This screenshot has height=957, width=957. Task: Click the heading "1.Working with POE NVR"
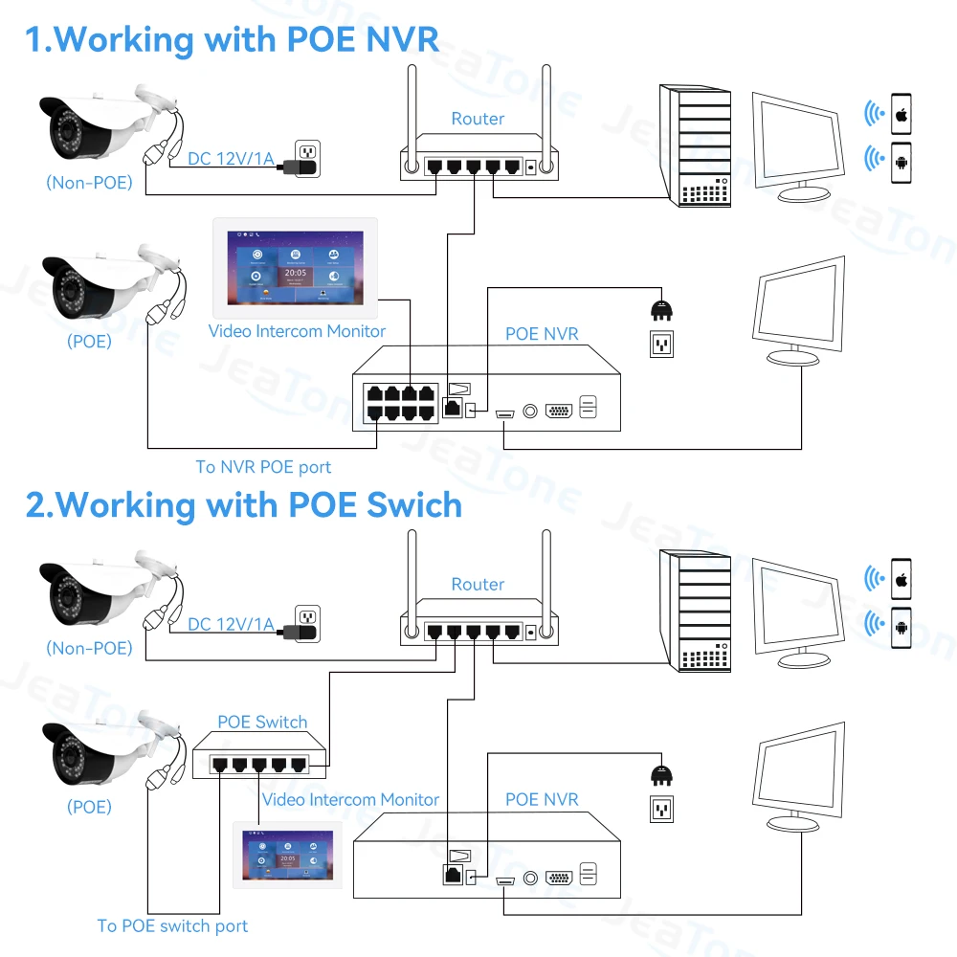pos(232,39)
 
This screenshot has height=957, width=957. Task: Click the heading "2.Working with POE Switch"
pos(243,504)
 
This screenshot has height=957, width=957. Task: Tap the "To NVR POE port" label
pos(263,467)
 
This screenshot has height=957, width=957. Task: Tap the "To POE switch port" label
pos(172,925)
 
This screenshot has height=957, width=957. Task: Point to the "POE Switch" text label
pos(262,722)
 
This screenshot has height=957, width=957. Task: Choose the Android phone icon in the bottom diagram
pos(901,628)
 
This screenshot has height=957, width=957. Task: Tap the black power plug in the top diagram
pos(659,307)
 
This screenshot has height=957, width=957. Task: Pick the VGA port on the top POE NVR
pos(559,412)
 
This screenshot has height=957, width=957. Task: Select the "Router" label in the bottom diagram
pos(478,584)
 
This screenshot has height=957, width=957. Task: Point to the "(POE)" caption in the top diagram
pos(89,341)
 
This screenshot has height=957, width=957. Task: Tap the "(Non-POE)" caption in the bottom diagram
pos(89,648)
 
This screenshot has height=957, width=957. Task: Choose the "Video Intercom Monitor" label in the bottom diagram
pos(350,799)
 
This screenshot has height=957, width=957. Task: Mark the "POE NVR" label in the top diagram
pos(542,334)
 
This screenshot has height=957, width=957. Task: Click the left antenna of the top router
pos(411,115)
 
